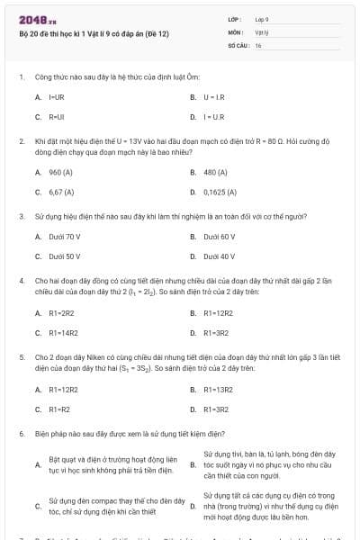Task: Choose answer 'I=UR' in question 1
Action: [56, 95]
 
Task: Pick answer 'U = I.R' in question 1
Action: [214, 95]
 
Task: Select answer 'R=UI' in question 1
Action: [57, 116]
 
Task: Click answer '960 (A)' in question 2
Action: [60, 171]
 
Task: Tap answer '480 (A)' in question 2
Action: [215, 171]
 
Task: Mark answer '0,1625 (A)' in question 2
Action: [220, 192]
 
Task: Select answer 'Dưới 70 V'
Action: [65, 237]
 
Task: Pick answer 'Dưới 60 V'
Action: [220, 237]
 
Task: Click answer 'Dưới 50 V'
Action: [65, 256]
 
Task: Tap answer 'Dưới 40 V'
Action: [220, 256]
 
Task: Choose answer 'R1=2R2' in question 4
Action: [60, 313]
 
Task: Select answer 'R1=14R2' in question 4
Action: [62, 333]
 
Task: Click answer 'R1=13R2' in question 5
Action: [218, 390]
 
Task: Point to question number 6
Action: [21, 433]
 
